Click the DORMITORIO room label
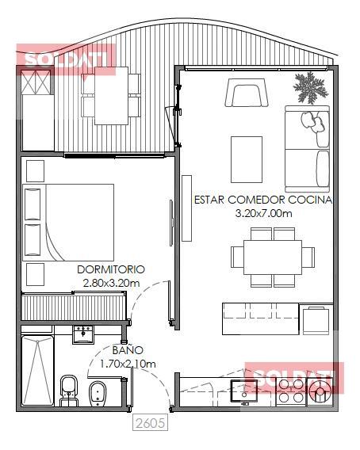[x=111, y=269]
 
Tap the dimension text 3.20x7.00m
[x=263, y=213]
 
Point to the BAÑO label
[x=128, y=350]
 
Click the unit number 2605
[x=150, y=423]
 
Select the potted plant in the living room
[x=310, y=87]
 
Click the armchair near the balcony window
[x=247, y=93]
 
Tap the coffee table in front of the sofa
[x=247, y=159]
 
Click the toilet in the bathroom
[x=69, y=391]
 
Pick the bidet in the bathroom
[x=98, y=394]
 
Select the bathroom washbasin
[x=82, y=334]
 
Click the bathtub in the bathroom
[x=37, y=370]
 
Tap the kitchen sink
[x=244, y=391]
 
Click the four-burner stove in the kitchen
[x=291, y=391]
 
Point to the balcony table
[x=112, y=96]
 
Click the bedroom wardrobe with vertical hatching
[x=74, y=307]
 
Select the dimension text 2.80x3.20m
[x=112, y=284]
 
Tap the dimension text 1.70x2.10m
[x=128, y=364]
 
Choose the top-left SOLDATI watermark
[x=66, y=59]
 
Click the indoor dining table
[x=272, y=257]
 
